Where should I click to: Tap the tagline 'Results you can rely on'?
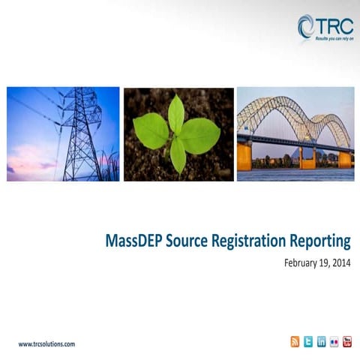[334, 37]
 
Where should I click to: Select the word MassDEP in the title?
[133, 241]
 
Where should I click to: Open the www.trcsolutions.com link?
[46, 343]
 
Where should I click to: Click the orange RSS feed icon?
[295, 342]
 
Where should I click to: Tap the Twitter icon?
[308, 342]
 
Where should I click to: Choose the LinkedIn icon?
[321, 342]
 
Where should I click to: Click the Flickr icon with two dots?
[334, 342]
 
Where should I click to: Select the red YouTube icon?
[346, 342]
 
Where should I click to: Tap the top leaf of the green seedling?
[176, 112]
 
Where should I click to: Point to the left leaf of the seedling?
[151, 131]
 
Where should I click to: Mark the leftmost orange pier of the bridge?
[244, 157]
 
